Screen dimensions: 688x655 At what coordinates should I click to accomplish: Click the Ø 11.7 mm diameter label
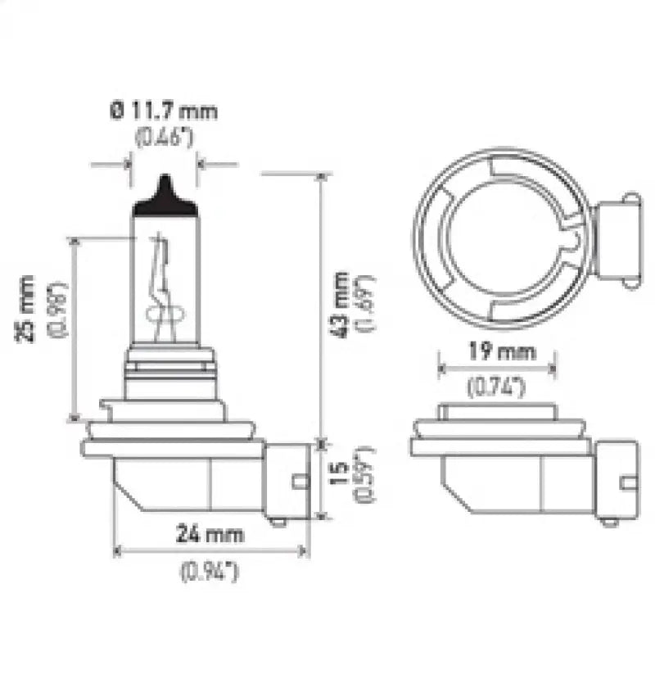164,110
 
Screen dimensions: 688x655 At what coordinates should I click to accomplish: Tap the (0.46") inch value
164,136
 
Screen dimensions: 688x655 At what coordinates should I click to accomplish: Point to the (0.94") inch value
209,572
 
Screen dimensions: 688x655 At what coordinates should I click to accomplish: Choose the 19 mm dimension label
498,353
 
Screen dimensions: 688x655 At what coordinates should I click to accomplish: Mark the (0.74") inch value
496,387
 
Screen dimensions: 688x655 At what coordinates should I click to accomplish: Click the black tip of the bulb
165,197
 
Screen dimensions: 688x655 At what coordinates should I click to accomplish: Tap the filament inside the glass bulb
162,287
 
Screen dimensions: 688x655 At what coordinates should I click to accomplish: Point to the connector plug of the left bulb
287,482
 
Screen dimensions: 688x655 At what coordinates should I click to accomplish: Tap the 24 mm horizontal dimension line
210,550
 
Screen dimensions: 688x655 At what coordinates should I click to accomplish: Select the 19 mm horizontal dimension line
497,369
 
